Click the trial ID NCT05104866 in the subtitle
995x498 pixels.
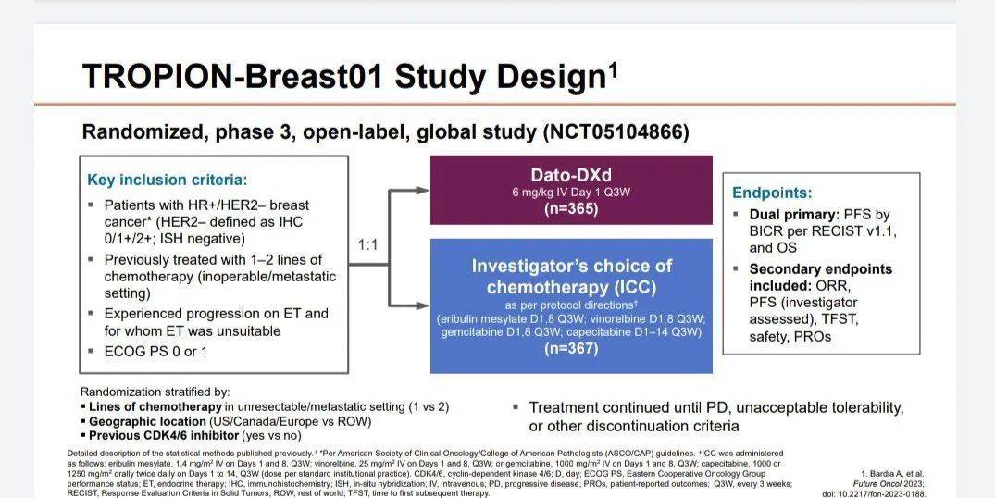615,132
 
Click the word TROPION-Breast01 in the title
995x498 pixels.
233,76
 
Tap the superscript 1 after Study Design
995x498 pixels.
613,68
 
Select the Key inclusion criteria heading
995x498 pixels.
167,180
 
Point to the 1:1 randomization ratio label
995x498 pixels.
368,245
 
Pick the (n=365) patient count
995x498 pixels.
571,208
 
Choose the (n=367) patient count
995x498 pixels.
571,348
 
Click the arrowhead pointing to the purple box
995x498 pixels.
423,190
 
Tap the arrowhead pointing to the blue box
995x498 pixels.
423,305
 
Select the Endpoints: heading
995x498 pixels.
772,193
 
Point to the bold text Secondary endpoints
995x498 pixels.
820,269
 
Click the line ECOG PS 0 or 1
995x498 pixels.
155,351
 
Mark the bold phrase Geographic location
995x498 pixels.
147,421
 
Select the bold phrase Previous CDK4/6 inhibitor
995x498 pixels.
164,436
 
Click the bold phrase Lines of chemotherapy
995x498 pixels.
155,406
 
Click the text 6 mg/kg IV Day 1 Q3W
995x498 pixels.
571,192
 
